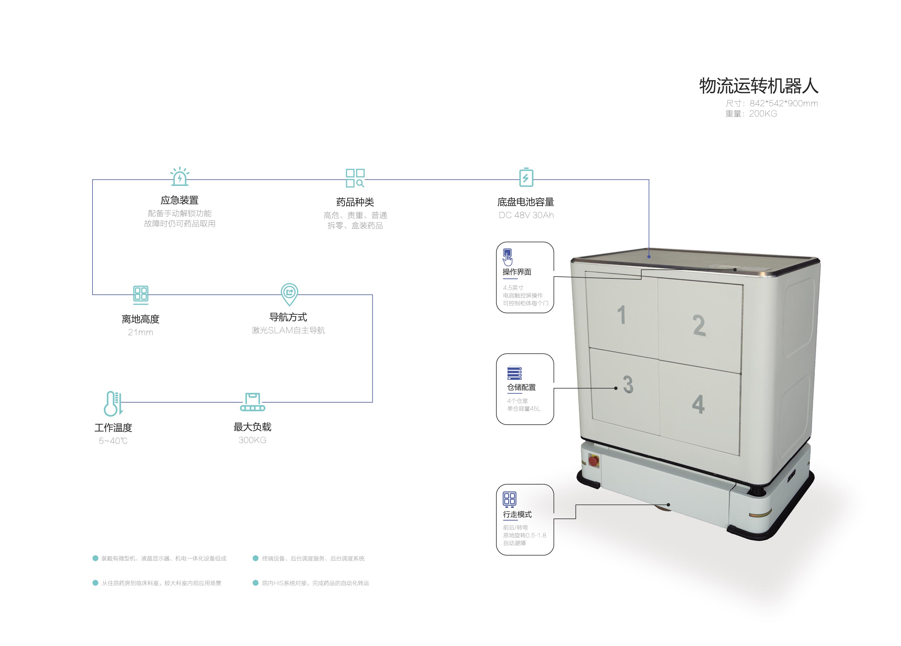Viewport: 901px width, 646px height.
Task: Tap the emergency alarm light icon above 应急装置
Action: [x=180, y=176]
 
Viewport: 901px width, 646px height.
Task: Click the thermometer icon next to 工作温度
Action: [x=113, y=403]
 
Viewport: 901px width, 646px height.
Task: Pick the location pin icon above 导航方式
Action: [x=289, y=294]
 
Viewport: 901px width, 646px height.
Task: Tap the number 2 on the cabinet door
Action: [x=699, y=325]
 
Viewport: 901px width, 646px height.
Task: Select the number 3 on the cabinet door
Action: [x=628, y=384]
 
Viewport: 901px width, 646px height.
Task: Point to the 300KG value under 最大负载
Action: [x=253, y=440]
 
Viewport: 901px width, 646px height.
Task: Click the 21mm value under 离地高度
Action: [x=141, y=332]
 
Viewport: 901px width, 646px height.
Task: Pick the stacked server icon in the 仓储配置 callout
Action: [x=514, y=373]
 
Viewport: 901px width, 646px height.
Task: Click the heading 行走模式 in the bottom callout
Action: [x=517, y=514]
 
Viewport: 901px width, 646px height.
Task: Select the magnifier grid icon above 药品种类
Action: [x=355, y=177]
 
